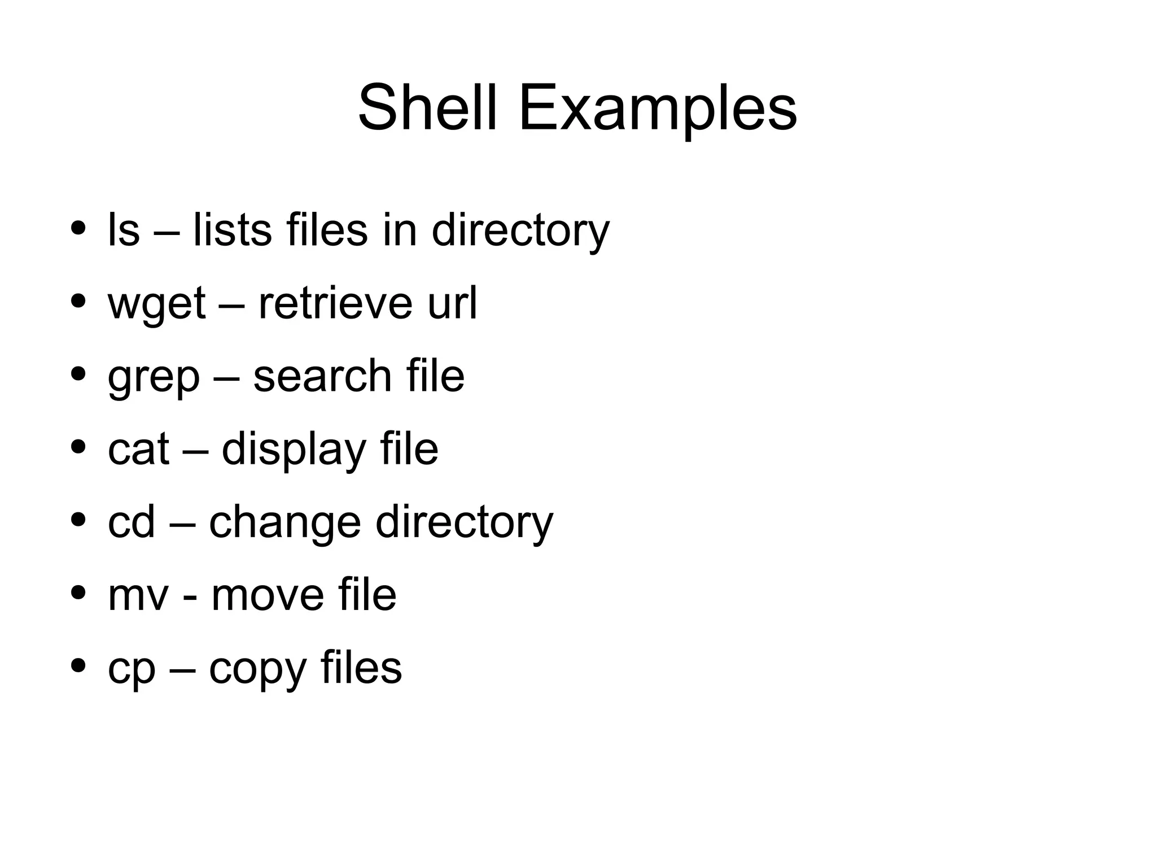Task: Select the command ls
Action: tap(123, 230)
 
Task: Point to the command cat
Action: tap(138, 449)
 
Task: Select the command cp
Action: tap(131, 669)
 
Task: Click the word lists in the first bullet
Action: tap(232, 230)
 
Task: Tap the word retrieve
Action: tap(335, 303)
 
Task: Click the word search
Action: tap(322, 376)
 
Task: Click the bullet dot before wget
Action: tap(78, 301)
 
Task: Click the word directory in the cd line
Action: tap(464, 522)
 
